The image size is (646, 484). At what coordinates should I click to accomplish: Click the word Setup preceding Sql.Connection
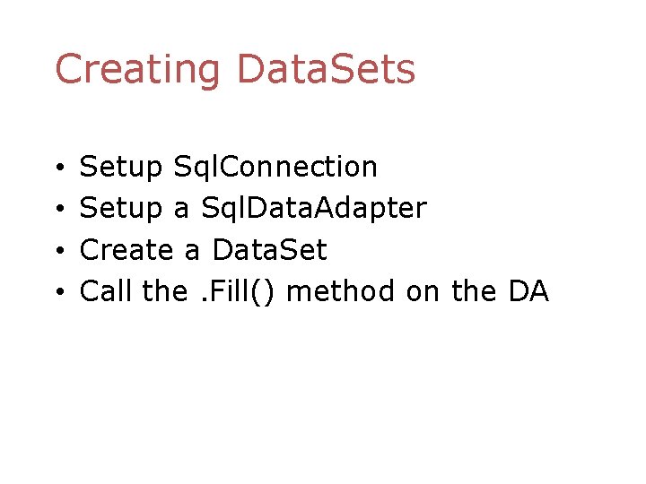pos(121,168)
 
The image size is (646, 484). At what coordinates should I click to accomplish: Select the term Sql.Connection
pos(275,167)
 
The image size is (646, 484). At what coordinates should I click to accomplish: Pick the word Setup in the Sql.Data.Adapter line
pos(121,209)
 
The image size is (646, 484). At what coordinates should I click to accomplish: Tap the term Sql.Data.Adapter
pos(314,209)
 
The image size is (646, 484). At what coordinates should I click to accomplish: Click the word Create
pos(127,250)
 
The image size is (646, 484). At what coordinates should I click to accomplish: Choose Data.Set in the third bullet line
pos(269,249)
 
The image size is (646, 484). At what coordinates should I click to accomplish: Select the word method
pos(342,291)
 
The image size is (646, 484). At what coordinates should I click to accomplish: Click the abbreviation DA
pos(528,291)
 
